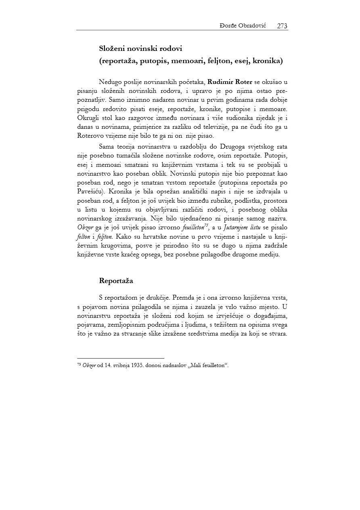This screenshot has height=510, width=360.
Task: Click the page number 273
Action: pos(282,26)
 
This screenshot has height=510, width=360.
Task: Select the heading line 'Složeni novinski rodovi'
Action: pos(141,48)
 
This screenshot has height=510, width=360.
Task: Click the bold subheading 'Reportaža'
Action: pos(116,281)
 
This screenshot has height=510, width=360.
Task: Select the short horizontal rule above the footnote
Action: pos(121,358)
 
